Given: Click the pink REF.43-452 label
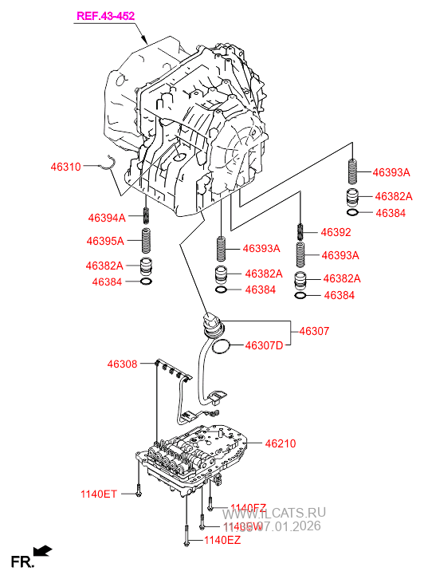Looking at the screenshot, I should [105, 16].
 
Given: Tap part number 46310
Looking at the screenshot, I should [65, 167].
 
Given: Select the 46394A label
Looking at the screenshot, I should [105, 217].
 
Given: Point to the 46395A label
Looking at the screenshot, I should [105, 241].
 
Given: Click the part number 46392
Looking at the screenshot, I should [336, 233].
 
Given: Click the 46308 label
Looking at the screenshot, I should [122, 364].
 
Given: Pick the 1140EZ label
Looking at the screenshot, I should [222, 541].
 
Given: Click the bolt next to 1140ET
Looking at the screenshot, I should [138, 488].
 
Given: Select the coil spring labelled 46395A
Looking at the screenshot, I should [147, 240].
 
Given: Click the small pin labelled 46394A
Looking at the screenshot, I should [147, 216].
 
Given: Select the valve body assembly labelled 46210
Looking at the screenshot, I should [191, 459].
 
